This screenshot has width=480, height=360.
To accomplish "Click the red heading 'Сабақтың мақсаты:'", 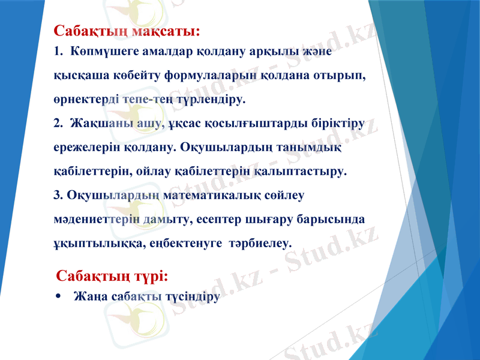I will tap(126, 31).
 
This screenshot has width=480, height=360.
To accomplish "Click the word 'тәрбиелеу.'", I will tap(262, 244).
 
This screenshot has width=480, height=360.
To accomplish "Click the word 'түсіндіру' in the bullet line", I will tap(191, 296).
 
